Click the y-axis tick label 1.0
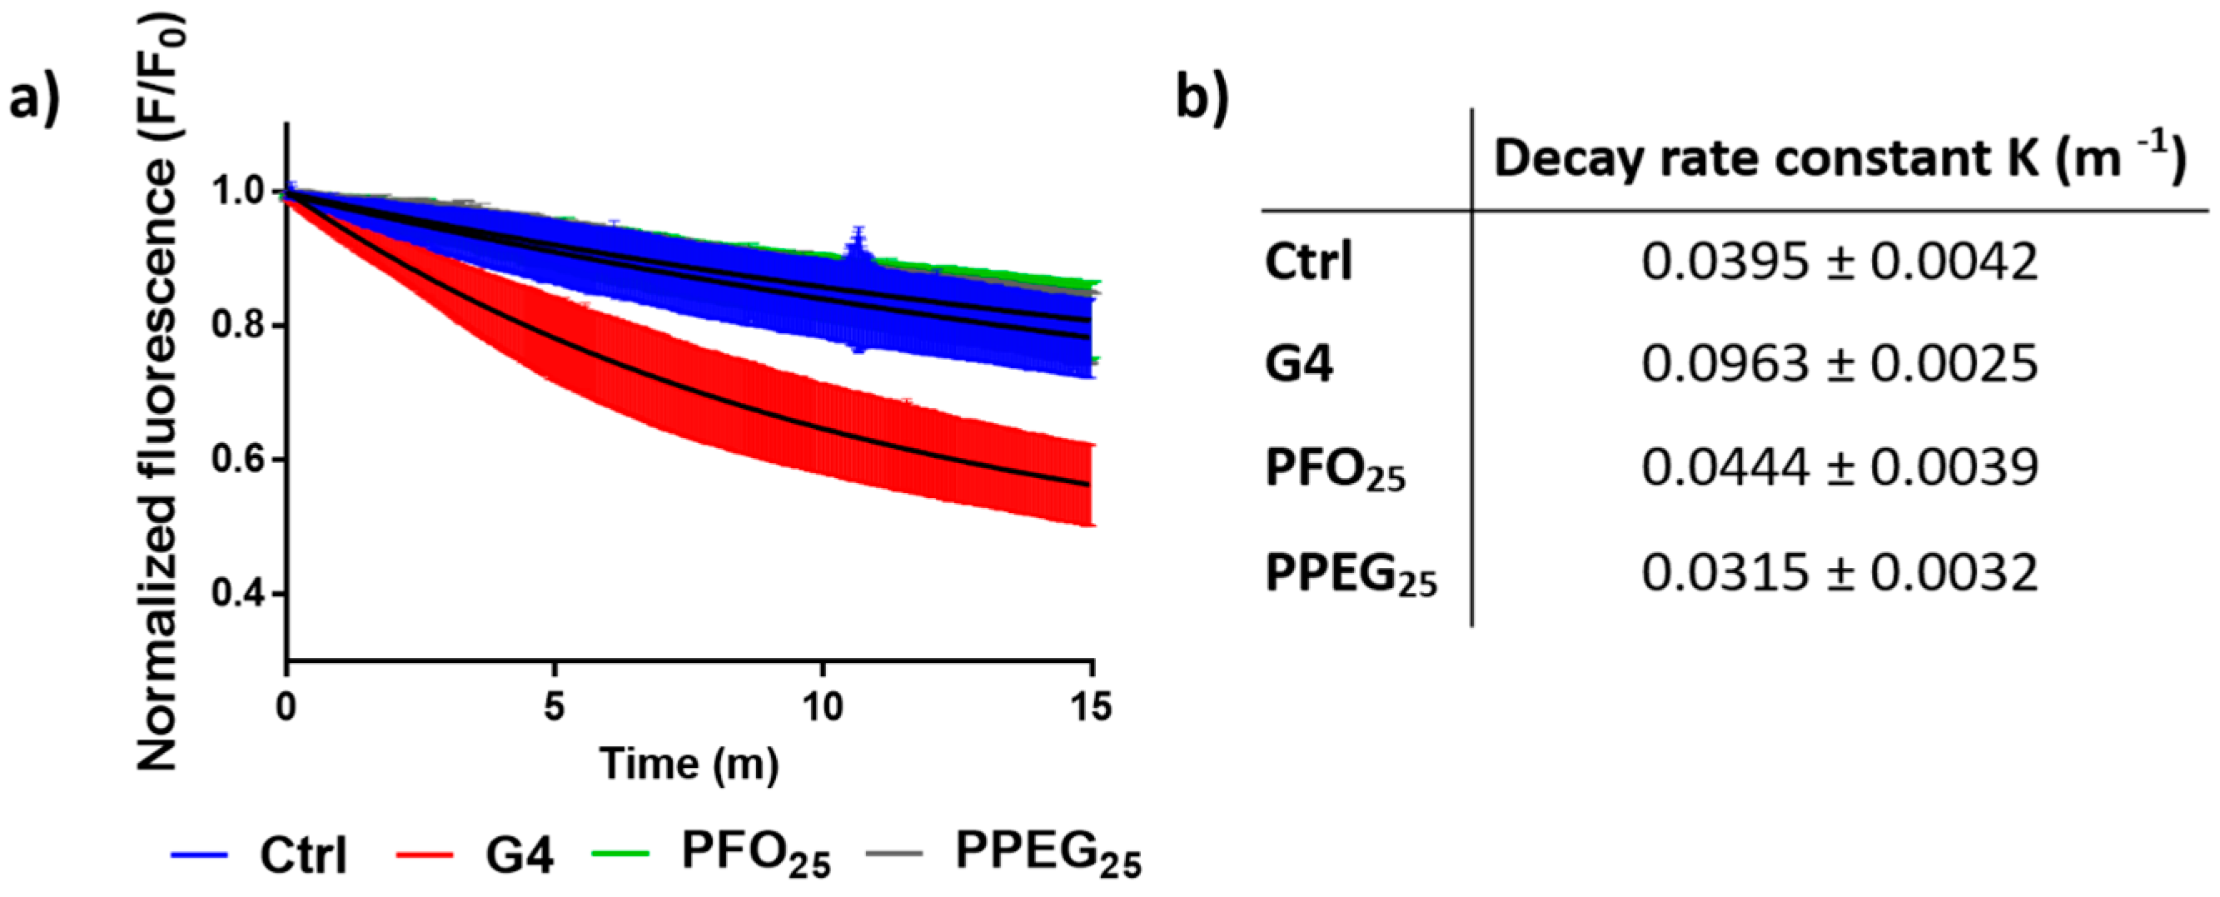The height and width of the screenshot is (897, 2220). click(237, 192)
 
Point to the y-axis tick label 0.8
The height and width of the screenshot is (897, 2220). click(237, 326)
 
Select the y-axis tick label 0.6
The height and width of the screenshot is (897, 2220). click(237, 459)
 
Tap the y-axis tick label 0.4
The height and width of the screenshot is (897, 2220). click(237, 594)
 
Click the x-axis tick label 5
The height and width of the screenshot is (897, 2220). click(554, 707)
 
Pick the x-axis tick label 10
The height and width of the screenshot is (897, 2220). click(822, 707)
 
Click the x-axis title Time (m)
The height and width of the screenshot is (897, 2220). click(689, 765)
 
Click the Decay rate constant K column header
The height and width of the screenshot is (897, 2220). click(1839, 160)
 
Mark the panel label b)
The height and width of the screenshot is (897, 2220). click(1203, 99)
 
